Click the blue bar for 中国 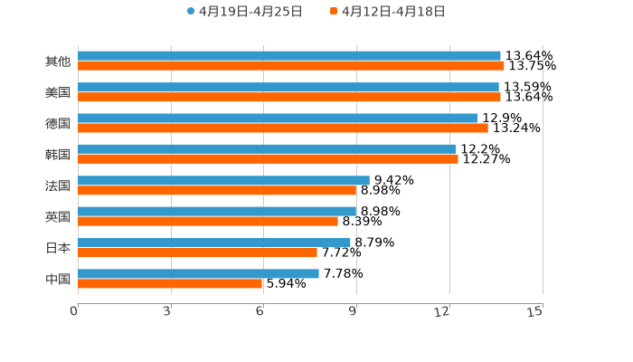pyautogui.click(x=198, y=273)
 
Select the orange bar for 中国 pyautogui.click(x=170, y=284)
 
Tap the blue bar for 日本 pyautogui.click(x=214, y=243)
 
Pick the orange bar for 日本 pyautogui.click(x=197, y=252)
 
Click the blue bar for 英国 pyautogui.click(x=217, y=211)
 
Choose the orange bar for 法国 pyautogui.click(x=217, y=191)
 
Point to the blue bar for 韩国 pyautogui.click(x=267, y=148)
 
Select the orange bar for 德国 pyautogui.click(x=283, y=128)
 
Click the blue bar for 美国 pyautogui.click(x=288, y=87)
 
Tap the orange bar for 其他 pyautogui.click(x=291, y=66)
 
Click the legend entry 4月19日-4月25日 pyautogui.click(x=244, y=12)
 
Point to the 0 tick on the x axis pyautogui.click(x=75, y=311)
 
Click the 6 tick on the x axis pyautogui.click(x=260, y=311)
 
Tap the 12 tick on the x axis pyautogui.click(x=443, y=311)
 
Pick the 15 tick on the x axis pyautogui.click(x=535, y=311)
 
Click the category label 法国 pyautogui.click(x=58, y=186)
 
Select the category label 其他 pyautogui.click(x=58, y=62)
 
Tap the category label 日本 pyautogui.click(x=58, y=248)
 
